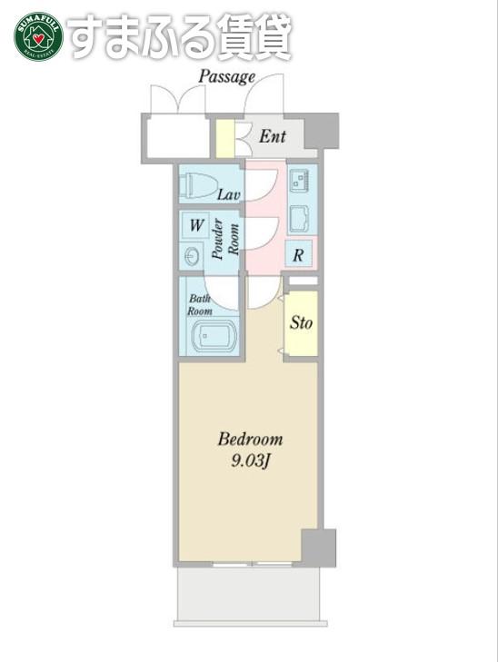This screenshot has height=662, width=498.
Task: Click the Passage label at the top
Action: [x=227, y=77]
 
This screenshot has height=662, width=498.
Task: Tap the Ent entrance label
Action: [x=273, y=136]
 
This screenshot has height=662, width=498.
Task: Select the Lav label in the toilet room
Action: [x=228, y=194]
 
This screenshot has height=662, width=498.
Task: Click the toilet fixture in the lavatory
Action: [x=198, y=185]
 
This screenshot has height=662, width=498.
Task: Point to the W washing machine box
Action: [x=196, y=225]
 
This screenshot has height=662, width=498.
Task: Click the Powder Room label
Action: [x=225, y=239]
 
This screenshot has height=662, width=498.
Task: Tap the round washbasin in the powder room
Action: [x=192, y=256]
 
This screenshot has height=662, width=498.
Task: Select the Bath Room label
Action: [x=199, y=305]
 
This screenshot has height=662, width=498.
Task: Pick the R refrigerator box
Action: [x=299, y=254]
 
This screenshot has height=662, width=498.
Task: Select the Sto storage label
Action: [x=301, y=323]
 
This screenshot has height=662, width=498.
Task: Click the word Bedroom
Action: [x=250, y=440]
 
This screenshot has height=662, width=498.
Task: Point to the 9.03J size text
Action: [x=250, y=461]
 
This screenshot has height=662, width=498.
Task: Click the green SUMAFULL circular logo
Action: [x=38, y=36]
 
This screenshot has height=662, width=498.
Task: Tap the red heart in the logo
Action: [x=38, y=39]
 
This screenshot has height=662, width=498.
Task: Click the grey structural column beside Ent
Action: [x=322, y=131]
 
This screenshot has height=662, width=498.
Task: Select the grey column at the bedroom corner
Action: [x=319, y=548]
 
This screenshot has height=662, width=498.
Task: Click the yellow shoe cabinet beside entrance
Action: [x=225, y=138]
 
